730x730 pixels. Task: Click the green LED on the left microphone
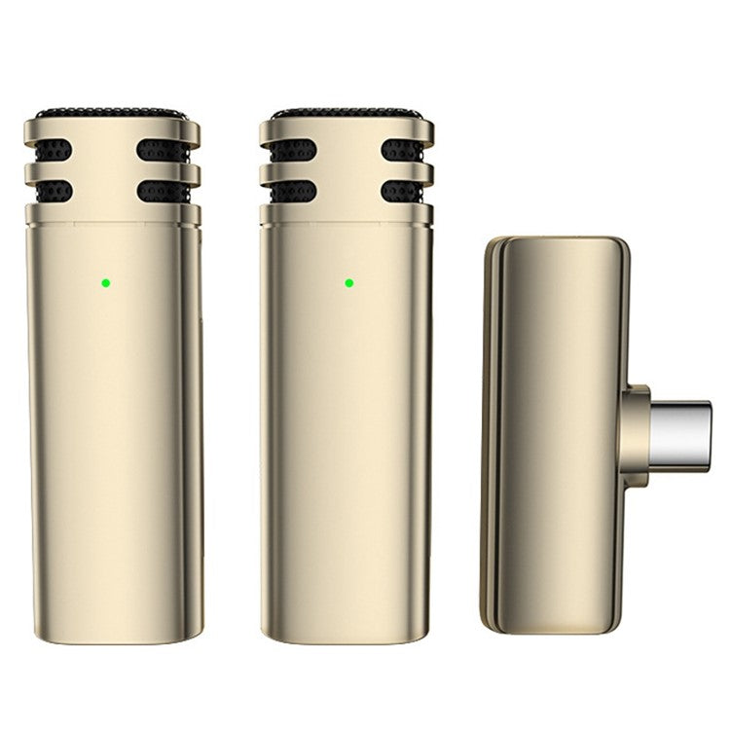click(x=104, y=284)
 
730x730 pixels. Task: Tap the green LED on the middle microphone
click(x=348, y=283)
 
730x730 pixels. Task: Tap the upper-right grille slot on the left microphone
click(x=162, y=149)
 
